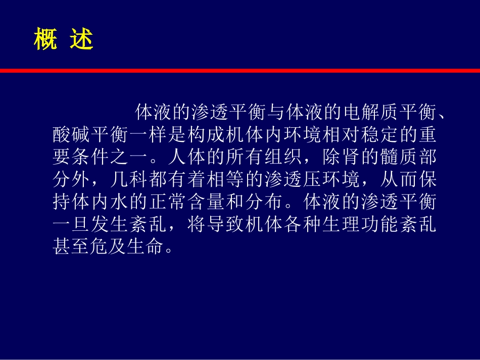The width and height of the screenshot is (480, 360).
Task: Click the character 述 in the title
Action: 82,40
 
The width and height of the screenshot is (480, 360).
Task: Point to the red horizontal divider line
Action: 240,71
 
